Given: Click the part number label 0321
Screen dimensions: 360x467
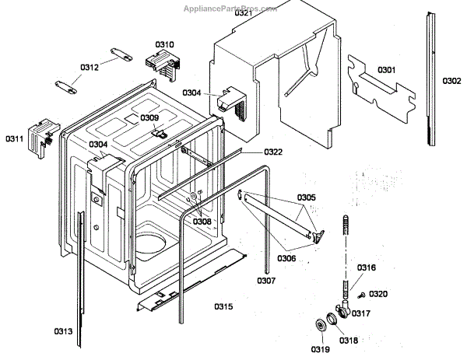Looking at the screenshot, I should pyautogui.click(x=243, y=13).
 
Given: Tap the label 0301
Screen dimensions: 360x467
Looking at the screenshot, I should pyautogui.click(x=387, y=70).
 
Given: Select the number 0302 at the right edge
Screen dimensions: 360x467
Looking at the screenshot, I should pyautogui.click(x=452, y=81).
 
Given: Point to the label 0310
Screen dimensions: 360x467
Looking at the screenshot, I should pyautogui.click(x=165, y=44).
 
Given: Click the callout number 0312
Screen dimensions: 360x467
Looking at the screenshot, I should pyautogui.click(x=90, y=68).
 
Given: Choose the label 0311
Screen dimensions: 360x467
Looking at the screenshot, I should pyautogui.click(x=14, y=138).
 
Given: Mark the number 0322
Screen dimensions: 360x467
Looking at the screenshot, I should pyautogui.click(x=273, y=152).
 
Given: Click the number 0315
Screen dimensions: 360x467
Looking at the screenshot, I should pyautogui.click(x=223, y=306).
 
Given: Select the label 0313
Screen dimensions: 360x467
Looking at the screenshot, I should pyautogui.click(x=64, y=332).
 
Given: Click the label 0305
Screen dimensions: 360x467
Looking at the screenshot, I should pyautogui.click(x=306, y=197).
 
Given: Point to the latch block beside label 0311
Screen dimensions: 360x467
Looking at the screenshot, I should pyautogui.click(x=42, y=132).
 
